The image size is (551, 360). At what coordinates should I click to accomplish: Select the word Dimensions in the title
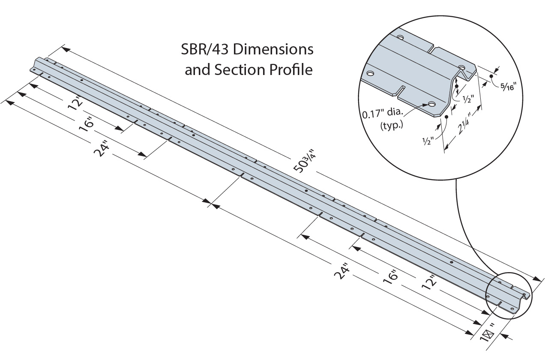point(274,50)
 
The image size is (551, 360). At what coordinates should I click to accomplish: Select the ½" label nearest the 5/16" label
point(468,98)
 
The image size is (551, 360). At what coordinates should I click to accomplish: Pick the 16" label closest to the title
point(87,125)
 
